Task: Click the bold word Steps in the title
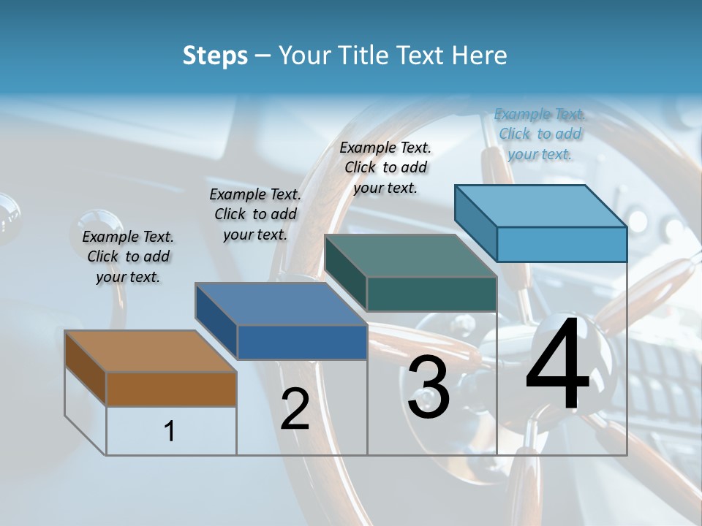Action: [215, 56]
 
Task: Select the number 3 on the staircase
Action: [429, 386]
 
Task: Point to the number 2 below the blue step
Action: [295, 409]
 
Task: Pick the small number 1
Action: [170, 431]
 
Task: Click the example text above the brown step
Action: [128, 256]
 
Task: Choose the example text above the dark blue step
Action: [255, 214]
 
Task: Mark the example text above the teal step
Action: [385, 167]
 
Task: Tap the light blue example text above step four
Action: [540, 134]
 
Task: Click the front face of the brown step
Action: [171, 389]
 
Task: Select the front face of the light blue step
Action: [562, 244]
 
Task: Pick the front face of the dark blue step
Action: [301, 342]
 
